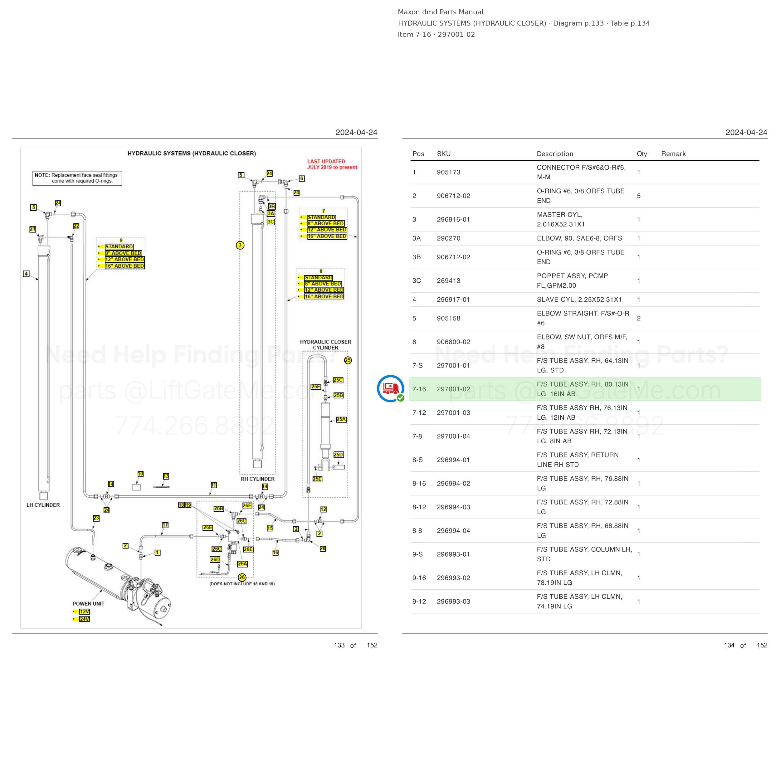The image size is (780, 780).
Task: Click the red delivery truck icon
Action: coord(390,388)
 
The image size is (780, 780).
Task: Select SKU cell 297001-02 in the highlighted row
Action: coord(453,389)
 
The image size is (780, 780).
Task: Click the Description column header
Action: coord(555,154)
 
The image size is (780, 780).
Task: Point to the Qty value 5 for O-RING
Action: coord(639,196)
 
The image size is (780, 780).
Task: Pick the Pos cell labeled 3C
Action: coord(417,280)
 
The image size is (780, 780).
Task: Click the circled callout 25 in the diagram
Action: coord(348,360)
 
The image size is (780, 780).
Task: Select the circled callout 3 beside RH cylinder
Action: coord(240,245)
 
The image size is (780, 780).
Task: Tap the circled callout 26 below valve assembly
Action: coord(242,577)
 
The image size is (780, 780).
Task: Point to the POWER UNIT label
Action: coord(88,604)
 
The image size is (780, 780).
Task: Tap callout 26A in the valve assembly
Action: coord(242,563)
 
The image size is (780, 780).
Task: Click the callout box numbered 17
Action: coord(165,525)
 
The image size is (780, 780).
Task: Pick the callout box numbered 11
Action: coord(214,485)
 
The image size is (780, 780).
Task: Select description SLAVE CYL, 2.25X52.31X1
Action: coord(579,300)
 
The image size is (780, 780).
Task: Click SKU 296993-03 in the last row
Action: coord(453,602)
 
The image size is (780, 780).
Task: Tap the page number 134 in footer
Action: coord(729,645)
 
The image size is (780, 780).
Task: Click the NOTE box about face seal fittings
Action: coord(77,178)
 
